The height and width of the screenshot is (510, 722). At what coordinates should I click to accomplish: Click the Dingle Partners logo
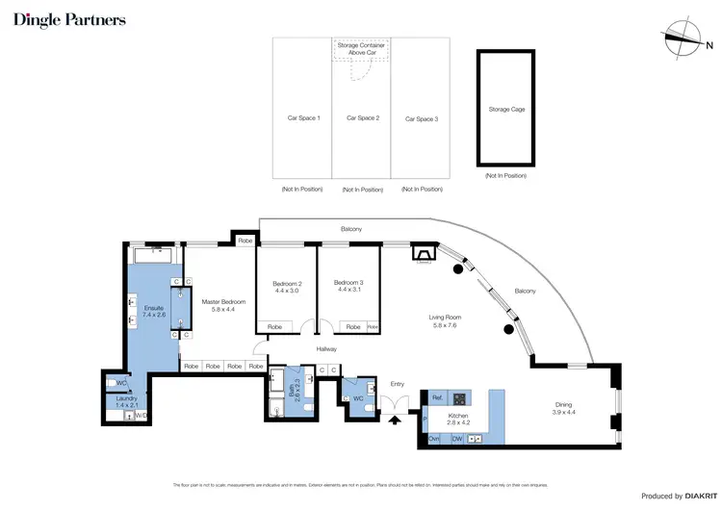coord(68,19)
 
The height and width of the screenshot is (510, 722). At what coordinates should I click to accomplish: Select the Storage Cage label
coord(506,110)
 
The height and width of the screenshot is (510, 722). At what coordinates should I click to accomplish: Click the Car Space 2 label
coord(361,118)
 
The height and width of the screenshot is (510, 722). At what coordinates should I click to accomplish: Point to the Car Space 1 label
coord(303,118)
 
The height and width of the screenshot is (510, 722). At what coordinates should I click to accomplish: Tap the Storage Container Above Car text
coord(361,49)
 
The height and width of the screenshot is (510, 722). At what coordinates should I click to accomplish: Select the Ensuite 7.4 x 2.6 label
coord(154,311)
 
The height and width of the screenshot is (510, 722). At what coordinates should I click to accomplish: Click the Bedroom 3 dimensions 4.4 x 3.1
coord(348,290)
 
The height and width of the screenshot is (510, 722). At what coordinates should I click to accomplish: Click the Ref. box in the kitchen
coord(436,397)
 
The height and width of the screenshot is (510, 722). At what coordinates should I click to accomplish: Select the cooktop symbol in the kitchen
coord(460,398)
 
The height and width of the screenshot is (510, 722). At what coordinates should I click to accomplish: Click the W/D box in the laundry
coord(140,416)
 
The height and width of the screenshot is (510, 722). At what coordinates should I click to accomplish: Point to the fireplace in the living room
coord(423,254)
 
